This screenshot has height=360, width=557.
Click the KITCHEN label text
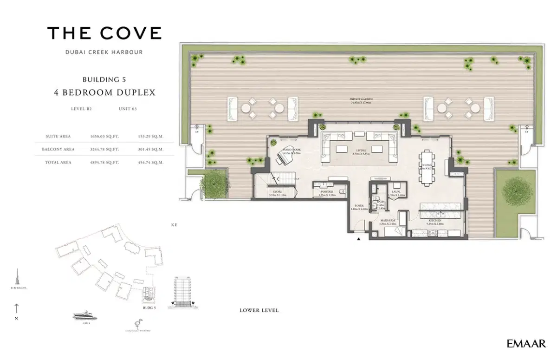pos(434,221)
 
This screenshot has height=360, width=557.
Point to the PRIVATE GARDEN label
pos(362,99)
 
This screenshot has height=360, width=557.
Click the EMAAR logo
pos(526,344)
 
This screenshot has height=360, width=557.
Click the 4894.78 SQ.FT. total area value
pos(104,163)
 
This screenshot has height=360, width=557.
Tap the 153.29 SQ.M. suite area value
pos(151,137)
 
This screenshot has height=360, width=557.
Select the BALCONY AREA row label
pos(60,150)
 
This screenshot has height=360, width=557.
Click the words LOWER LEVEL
pos(259,310)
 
